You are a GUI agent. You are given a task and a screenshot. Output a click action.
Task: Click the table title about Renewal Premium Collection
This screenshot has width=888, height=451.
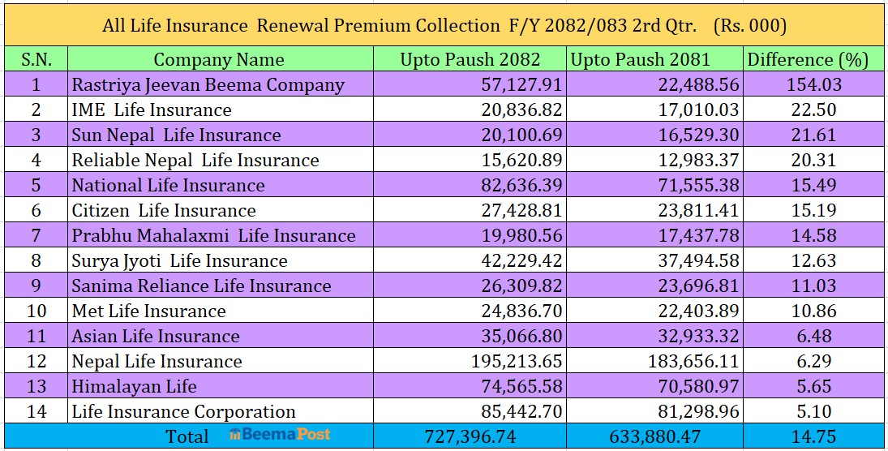[444, 26]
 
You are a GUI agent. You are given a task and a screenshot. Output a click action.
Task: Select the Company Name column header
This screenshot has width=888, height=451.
[219, 59]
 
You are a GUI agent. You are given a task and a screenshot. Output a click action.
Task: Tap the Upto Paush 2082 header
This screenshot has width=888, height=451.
[470, 59]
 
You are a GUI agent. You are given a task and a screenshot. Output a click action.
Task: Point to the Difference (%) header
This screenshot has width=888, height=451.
[807, 59]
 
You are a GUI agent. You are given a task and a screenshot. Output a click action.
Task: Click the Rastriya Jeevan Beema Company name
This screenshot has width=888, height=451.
[208, 84]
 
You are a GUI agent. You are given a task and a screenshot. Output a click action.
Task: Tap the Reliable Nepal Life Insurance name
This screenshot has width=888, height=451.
[195, 160]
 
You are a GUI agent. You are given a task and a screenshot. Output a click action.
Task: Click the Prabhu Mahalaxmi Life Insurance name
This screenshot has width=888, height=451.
[213, 235]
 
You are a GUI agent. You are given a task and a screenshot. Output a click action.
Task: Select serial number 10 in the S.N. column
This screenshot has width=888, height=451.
[36, 311]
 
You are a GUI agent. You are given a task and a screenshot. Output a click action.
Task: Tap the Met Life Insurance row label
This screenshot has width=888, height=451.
[148, 311]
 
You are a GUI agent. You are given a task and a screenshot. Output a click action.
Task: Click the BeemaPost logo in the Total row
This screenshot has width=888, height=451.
[280, 435]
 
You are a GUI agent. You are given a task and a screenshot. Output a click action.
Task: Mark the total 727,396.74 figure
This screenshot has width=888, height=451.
[470, 436]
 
